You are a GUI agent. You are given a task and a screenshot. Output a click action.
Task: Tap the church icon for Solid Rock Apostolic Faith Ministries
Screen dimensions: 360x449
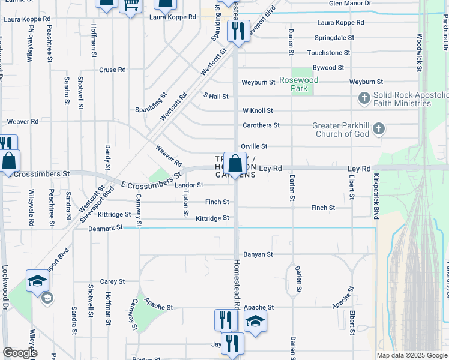364,98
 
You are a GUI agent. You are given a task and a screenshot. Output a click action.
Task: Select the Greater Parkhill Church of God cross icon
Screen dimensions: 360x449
378,128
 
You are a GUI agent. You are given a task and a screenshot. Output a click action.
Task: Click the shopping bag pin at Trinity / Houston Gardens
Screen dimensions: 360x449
236,163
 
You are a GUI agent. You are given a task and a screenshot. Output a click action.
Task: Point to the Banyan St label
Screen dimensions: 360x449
258,254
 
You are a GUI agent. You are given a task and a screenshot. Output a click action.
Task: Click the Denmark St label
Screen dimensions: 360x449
105,228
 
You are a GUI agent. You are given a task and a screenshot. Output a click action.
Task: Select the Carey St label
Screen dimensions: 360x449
112,281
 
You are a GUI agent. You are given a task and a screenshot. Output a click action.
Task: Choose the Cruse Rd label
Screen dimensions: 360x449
112,70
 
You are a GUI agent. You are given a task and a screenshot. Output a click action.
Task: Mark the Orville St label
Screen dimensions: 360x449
253,146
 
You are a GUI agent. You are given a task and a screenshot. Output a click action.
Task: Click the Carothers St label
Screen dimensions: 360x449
261,125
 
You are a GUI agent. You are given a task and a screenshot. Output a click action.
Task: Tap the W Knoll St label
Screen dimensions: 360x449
258,110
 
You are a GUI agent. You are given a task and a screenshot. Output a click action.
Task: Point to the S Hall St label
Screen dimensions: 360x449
216,96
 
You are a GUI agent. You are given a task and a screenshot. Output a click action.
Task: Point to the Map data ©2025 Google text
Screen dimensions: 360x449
411,355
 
